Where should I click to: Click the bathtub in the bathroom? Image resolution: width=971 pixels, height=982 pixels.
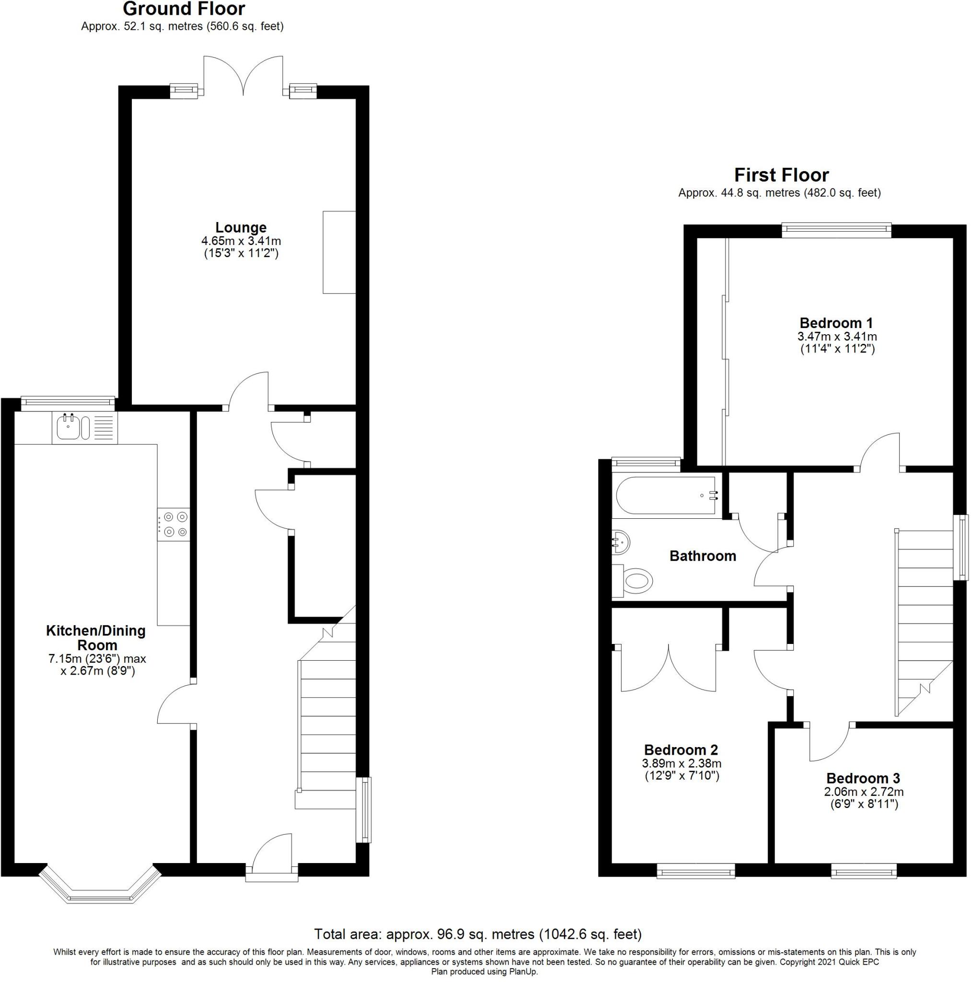(x=666, y=496)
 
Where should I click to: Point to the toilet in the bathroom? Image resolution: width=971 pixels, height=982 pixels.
(x=636, y=580)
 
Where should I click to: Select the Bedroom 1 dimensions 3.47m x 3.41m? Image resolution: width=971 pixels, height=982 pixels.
(x=836, y=337)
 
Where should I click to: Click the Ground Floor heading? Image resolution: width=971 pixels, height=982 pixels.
(x=184, y=9)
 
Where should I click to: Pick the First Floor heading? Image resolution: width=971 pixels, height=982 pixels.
(x=781, y=175)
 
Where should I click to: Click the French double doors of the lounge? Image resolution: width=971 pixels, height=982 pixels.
(x=243, y=76)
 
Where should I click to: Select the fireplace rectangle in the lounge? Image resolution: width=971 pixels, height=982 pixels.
(x=338, y=252)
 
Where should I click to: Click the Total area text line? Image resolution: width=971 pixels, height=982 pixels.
(x=478, y=934)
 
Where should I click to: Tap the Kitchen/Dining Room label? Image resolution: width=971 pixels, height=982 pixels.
(x=96, y=637)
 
